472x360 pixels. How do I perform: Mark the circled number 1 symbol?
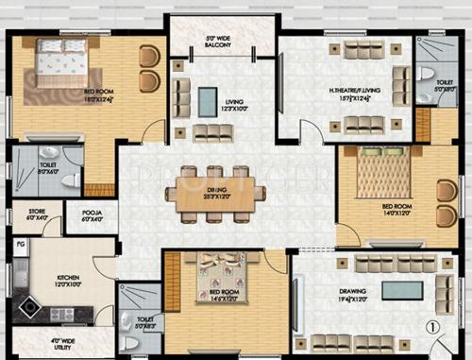pos(431,329)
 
